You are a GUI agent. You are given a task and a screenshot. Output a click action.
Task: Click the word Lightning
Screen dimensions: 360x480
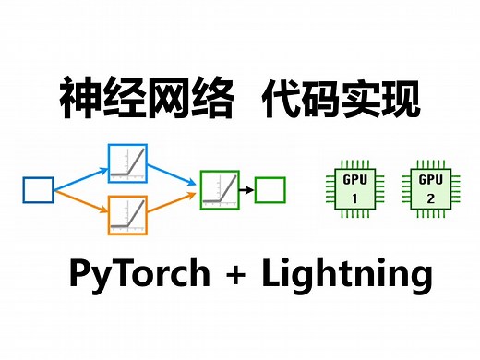click(345, 276)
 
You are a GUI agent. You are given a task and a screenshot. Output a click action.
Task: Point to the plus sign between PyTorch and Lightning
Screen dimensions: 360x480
click(243, 275)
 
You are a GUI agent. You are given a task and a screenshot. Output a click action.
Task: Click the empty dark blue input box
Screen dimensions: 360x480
click(38, 190)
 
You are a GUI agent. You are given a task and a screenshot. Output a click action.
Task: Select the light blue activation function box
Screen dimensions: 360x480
click(127, 162)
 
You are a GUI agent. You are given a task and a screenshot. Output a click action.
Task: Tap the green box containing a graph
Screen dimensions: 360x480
click(220, 188)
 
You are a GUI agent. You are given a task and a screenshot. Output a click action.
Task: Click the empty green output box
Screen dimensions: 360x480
click(270, 189)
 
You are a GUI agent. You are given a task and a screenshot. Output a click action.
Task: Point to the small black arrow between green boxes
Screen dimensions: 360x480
click(246, 189)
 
